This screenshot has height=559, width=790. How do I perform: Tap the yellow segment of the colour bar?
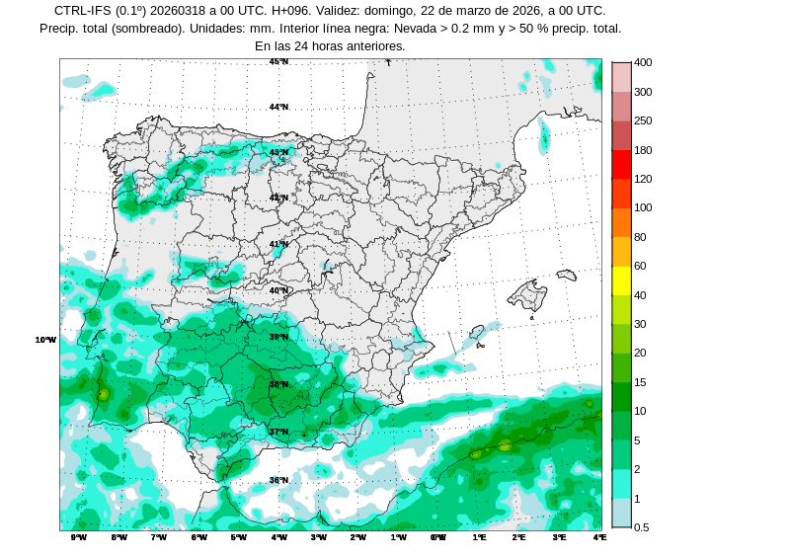[621, 280]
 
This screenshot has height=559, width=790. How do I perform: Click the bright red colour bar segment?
[621, 164]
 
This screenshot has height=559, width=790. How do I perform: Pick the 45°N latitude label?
[279, 61]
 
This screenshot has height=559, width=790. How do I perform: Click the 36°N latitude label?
[279, 481]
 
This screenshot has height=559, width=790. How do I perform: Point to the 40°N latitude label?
[279, 290]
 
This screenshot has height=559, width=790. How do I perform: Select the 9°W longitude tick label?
[79, 537]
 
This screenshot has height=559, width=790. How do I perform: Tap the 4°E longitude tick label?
[599, 537]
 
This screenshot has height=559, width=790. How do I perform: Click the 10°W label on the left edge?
[45, 340]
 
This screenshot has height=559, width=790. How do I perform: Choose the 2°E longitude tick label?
[519, 537]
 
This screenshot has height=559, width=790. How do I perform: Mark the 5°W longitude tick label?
[239, 537]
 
